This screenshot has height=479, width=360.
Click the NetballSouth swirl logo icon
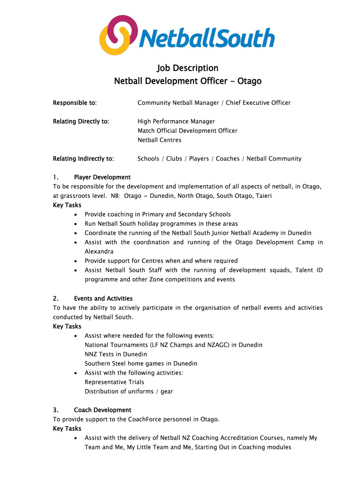click(x=119, y=35)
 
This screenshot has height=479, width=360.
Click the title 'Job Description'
click(x=187, y=68)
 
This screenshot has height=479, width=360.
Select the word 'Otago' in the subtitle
click(x=249, y=81)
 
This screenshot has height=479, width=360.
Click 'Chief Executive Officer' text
click(x=258, y=103)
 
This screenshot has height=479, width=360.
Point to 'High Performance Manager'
click(x=176, y=122)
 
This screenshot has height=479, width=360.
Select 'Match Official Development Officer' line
click(x=187, y=131)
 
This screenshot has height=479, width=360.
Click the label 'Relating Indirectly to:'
click(x=83, y=159)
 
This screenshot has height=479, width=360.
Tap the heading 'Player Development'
click(x=102, y=177)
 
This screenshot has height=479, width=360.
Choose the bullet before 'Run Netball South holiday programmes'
click(x=76, y=224)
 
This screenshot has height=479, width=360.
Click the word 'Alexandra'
click(x=99, y=252)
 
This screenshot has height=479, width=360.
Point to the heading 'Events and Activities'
click(x=103, y=298)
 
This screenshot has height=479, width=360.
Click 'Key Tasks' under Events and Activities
click(x=67, y=327)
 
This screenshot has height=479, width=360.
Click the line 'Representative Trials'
click(x=114, y=382)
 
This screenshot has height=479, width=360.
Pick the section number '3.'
click(x=56, y=410)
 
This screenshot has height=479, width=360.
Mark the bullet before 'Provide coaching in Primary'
click(x=76, y=215)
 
